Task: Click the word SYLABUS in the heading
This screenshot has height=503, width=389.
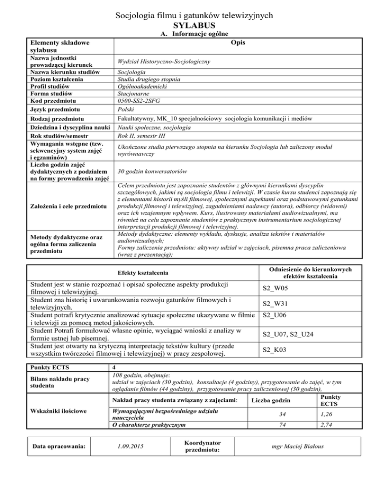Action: pyautogui.click(x=194, y=25)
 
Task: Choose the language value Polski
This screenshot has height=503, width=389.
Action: pyautogui.click(x=125, y=110)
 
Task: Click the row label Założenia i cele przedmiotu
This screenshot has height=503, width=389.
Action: pyautogui.click(x=60, y=206)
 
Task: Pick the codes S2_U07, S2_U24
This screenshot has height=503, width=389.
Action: pyautogui.click(x=287, y=333)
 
